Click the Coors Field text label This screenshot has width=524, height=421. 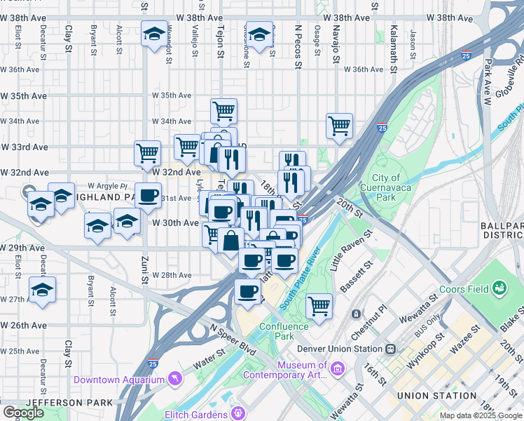pos(464,289)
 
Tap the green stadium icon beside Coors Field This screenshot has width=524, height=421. pos(499,288)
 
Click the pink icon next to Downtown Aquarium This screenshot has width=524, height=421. pos(172,380)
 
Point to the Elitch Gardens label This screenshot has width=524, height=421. pos(198,414)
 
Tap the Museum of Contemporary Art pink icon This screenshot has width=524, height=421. pos(336,368)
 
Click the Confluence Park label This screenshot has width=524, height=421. pos(284,331)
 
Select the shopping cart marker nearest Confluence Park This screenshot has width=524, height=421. pos(319,306)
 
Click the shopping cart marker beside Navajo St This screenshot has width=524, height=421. pos(339,126)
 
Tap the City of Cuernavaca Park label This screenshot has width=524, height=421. pos(385,188)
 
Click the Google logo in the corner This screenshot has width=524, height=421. pos(24,413)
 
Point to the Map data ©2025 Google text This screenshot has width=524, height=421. pos(481,415)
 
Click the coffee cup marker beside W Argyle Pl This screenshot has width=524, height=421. pos(147,196)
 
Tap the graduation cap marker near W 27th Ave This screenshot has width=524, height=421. pos(42,289)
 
